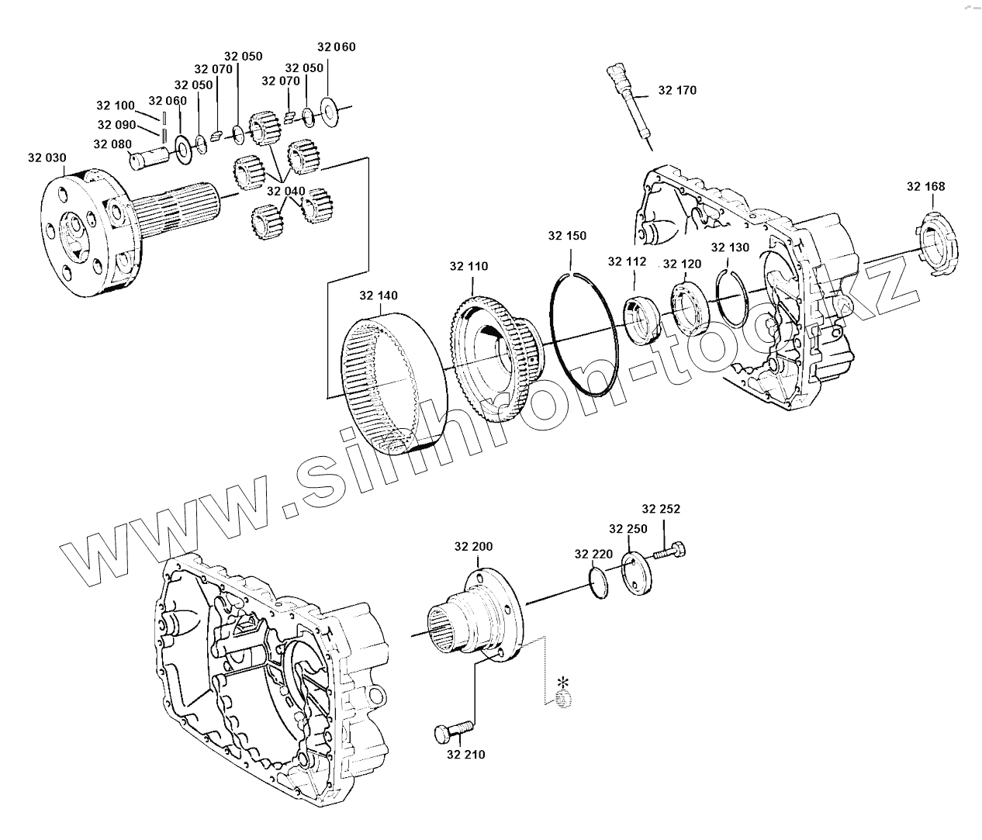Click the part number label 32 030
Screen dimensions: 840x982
click(47, 157)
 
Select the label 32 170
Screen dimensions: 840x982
click(677, 90)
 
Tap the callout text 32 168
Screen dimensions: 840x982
click(926, 186)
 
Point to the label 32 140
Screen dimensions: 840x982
click(379, 296)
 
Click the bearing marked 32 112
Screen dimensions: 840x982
click(641, 318)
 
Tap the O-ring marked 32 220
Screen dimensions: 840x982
click(598, 582)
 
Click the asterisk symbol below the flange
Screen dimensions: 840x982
click(563, 683)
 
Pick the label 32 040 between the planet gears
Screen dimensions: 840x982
click(285, 191)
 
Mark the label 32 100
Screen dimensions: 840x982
click(115, 105)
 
